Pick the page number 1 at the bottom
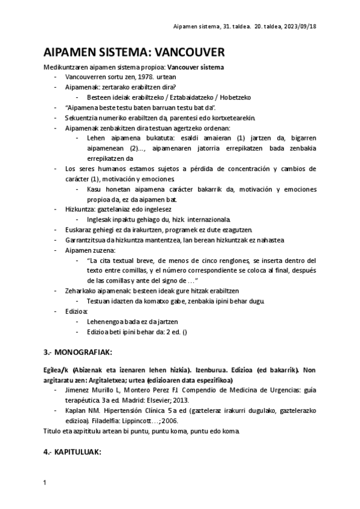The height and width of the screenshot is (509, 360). point(46,483)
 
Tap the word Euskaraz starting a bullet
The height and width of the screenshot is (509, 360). point(79,230)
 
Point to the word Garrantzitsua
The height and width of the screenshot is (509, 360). point(87,239)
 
